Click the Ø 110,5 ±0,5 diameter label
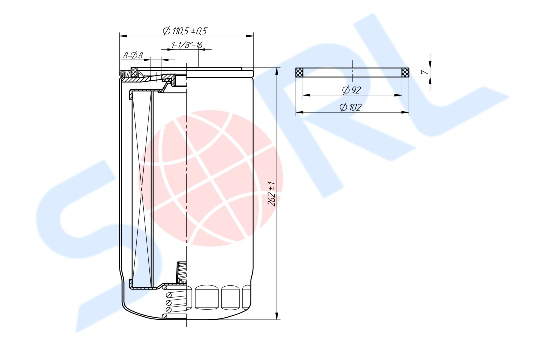pos(185,31)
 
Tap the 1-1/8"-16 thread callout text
pos(187,45)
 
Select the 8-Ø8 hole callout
pos(133,55)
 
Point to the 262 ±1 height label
pos(272,193)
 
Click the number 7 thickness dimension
pos(425,72)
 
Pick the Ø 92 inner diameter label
pos(351,90)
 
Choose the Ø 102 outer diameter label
pos(350,108)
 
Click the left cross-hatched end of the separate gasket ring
pos(299,72)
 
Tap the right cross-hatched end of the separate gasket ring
pos(405,72)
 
